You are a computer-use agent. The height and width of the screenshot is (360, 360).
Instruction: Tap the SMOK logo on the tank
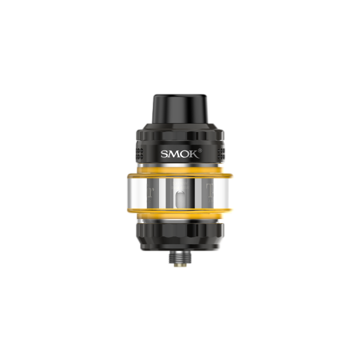point(181,153)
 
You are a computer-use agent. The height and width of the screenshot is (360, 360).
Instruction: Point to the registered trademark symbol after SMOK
point(199,150)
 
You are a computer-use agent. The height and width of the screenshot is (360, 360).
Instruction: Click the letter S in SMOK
point(164,154)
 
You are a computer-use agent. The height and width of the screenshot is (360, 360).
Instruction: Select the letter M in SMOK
point(174,154)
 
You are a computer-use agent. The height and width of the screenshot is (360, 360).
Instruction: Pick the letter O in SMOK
point(185,154)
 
